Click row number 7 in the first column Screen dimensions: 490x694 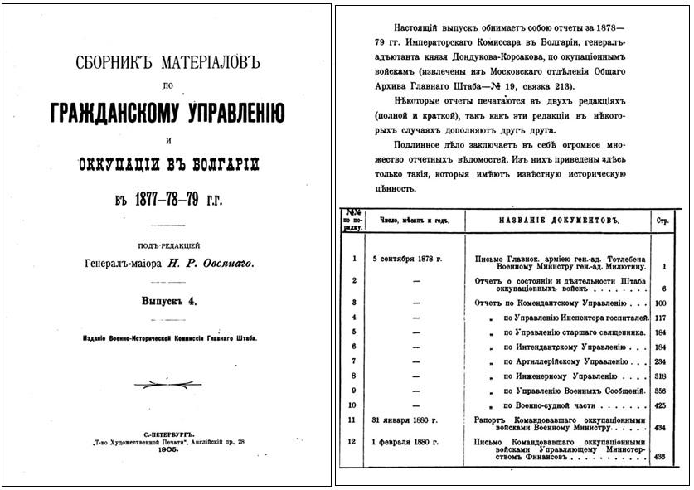click(353, 361)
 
